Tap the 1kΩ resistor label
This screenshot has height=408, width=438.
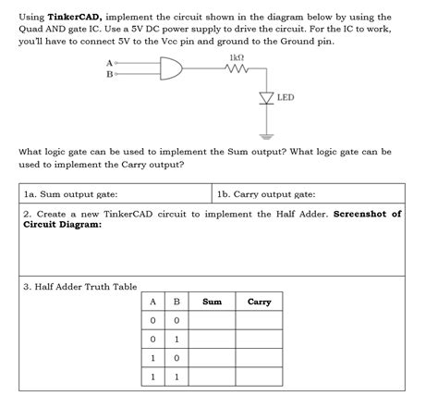pos(236,56)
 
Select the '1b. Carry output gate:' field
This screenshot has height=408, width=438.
pos(266,194)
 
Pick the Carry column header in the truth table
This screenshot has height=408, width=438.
pos(260,302)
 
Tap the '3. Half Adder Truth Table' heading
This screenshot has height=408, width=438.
pos(79,286)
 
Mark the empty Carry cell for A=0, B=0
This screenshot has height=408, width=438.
pos(260,320)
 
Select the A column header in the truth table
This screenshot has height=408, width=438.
pos(152,302)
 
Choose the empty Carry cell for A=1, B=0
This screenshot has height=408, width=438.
pos(260,358)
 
